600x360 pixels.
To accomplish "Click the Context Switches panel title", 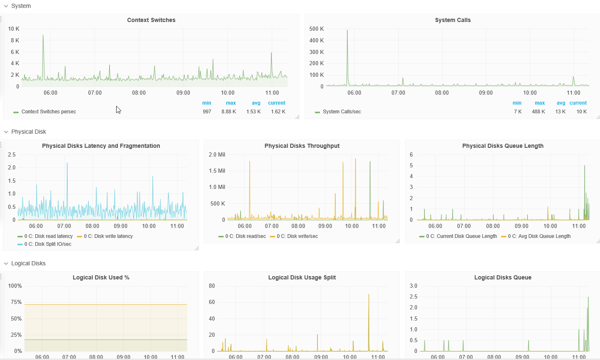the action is (151, 20).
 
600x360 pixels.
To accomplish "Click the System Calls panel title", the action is (453, 20).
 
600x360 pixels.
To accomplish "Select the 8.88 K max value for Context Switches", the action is (229, 112).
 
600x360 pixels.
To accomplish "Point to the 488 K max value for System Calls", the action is (539, 112).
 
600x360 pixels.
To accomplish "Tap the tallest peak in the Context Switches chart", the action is (43, 35).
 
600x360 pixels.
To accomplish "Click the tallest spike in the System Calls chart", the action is (347, 30).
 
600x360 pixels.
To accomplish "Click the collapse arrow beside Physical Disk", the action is (6, 132).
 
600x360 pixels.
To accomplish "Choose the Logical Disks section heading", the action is (28, 263).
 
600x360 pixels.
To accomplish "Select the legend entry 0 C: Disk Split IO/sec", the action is (44, 244).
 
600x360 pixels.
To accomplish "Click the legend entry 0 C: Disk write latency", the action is (105, 236).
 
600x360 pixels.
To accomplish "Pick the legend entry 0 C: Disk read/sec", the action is (242, 236).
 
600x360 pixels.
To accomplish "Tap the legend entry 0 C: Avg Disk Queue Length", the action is (536, 236).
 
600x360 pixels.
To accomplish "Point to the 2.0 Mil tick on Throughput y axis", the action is (217, 154).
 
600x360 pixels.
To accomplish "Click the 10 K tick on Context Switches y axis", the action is (14, 29).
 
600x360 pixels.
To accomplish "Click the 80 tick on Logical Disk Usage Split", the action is (212, 286).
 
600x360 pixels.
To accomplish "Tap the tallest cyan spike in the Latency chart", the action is (67, 164).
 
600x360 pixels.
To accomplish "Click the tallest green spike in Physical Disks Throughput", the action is (370, 162).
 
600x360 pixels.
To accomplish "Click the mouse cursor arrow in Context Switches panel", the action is (118, 110).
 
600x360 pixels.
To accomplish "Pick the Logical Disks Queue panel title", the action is (503, 277).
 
